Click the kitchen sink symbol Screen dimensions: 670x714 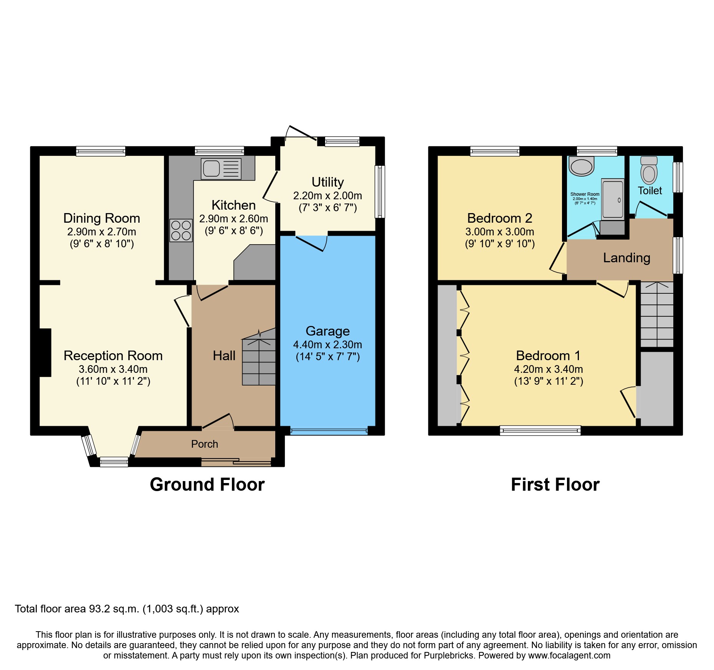click(x=221, y=169)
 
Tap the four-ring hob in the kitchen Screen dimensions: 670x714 click(x=181, y=230)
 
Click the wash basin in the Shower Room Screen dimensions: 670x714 click(x=582, y=166)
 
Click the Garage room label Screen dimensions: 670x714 click(x=327, y=331)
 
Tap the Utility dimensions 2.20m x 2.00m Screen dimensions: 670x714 click(x=327, y=196)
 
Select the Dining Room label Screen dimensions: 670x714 click(x=102, y=218)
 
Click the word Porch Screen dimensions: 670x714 click(x=205, y=444)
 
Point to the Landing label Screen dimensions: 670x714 click(x=626, y=258)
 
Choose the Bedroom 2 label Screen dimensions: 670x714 click(x=499, y=218)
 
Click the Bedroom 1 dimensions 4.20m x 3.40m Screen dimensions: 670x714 click(x=548, y=369)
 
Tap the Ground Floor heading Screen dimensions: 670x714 click(x=207, y=485)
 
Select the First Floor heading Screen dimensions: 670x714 click(x=555, y=485)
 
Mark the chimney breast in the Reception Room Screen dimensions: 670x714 click(x=45, y=352)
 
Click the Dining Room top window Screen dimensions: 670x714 click(x=101, y=151)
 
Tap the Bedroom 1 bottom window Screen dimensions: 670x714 click(x=540, y=431)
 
